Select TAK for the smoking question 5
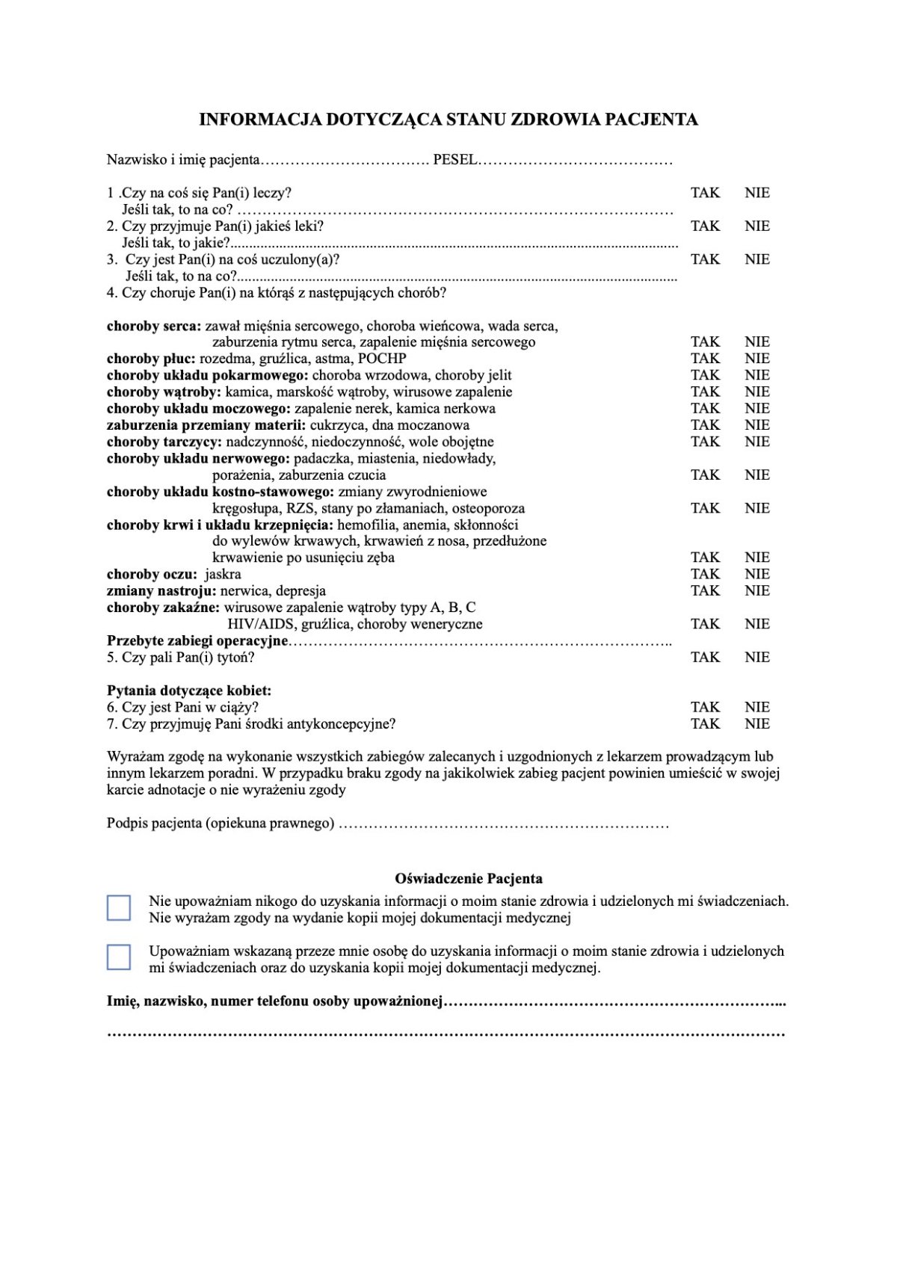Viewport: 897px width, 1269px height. click(x=705, y=658)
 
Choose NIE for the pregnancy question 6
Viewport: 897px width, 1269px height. click(x=756, y=707)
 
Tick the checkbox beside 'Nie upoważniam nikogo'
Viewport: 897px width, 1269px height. click(x=119, y=908)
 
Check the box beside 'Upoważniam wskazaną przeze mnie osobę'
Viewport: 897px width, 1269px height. click(x=119, y=957)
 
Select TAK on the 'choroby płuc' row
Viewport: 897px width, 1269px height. click(x=705, y=359)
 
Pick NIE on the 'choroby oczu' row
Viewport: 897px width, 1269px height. click(x=756, y=574)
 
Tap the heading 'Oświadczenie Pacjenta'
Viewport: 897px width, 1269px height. click(x=469, y=879)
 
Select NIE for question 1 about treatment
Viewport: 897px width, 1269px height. click(x=756, y=193)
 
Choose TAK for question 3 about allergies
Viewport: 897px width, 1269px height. click(x=705, y=259)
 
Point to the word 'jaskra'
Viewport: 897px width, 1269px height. click(x=223, y=575)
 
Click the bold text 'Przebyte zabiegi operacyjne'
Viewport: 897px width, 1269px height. click(x=197, y=641)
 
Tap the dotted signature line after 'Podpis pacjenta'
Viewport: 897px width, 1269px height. click(x=504, y=824)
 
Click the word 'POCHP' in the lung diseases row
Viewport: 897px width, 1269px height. click(x=382, y=359)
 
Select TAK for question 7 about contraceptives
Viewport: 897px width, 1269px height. click(x=705, y=723)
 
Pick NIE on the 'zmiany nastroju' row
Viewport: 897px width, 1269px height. click(x=756, y=590)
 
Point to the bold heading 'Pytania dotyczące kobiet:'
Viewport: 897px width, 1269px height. click(x=189, y=691)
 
